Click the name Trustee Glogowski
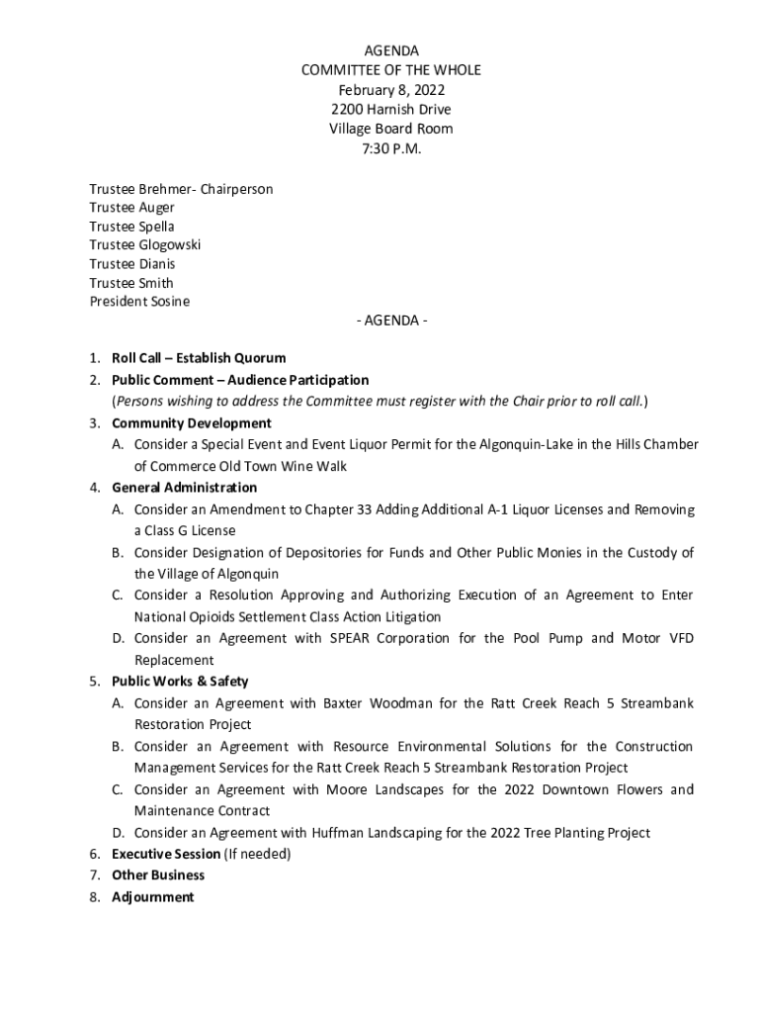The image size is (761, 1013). [144, 245]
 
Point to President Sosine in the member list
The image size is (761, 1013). [139, 302]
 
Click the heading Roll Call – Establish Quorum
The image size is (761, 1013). [199, 358]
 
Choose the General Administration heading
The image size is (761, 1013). [184, 488]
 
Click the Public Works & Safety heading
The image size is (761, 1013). [180, 682]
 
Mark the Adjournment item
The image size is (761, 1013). [153, 897]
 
